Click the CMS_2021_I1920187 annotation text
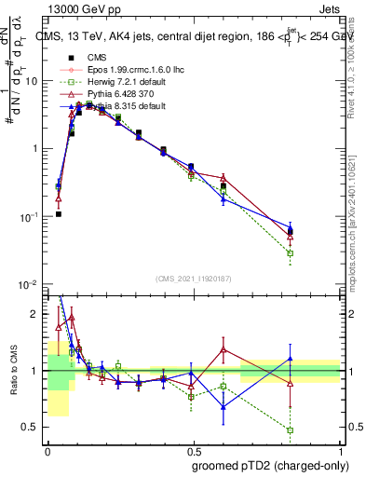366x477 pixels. [x=193, y=278]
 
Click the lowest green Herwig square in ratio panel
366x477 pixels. [x=291, y=430]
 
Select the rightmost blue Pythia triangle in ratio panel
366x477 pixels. [x=291, y=359]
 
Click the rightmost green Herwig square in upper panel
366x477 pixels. [x=291, y=253]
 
